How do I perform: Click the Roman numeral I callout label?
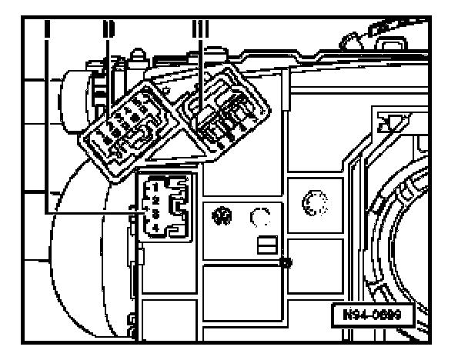tap(48, 32)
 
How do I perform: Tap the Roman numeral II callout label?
tap(107, 32)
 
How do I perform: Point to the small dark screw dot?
tap(285, 263)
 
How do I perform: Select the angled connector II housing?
tap(127, 131)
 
